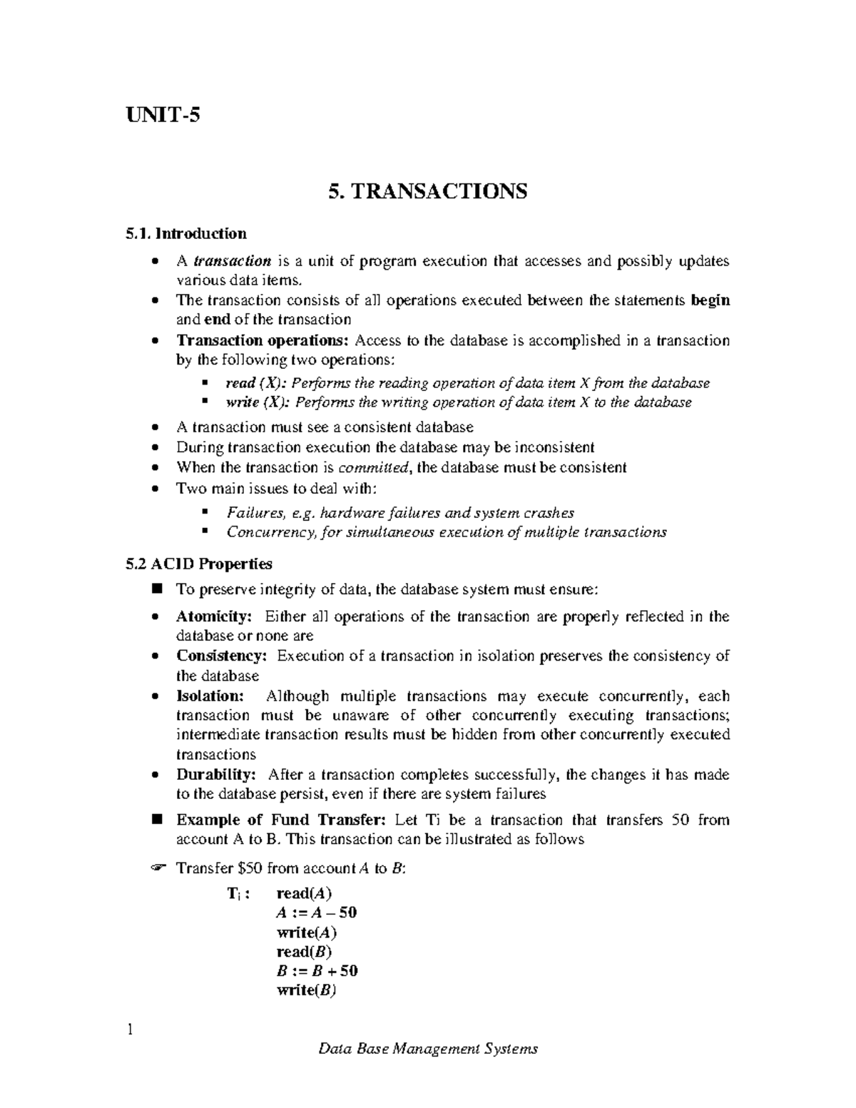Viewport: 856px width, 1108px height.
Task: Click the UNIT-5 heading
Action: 163,114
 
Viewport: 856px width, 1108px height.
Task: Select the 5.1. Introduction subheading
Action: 185,233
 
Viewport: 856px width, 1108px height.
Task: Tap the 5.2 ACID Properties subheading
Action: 198,564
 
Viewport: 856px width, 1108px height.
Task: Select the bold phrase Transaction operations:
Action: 262,340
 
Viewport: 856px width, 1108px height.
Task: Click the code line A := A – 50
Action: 316,913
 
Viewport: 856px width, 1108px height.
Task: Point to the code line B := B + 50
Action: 317,970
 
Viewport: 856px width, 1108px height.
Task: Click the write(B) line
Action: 306,990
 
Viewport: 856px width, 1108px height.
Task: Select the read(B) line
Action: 305,951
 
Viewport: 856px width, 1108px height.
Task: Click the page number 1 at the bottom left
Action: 129,1030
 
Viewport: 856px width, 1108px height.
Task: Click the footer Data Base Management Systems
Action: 427,1049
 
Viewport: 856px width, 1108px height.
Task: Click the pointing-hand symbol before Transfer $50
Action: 158,868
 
